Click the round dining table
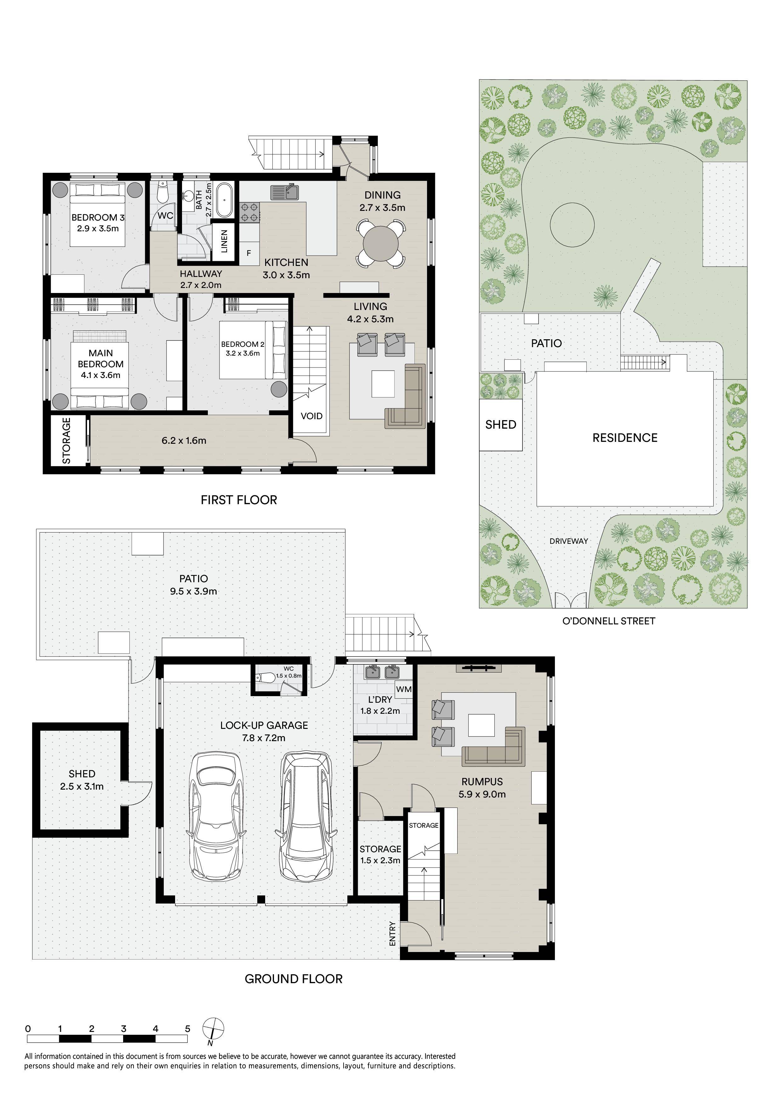(381, 244)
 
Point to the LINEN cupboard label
(224, 241)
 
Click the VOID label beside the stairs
(311, 416)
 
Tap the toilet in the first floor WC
(162, 193)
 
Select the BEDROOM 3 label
(98, 217)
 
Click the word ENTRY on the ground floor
(393, 934)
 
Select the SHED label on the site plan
(500, 425)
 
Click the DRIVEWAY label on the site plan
(569, 541)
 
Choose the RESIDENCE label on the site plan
(624, 437)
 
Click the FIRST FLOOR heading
(239, 500)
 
